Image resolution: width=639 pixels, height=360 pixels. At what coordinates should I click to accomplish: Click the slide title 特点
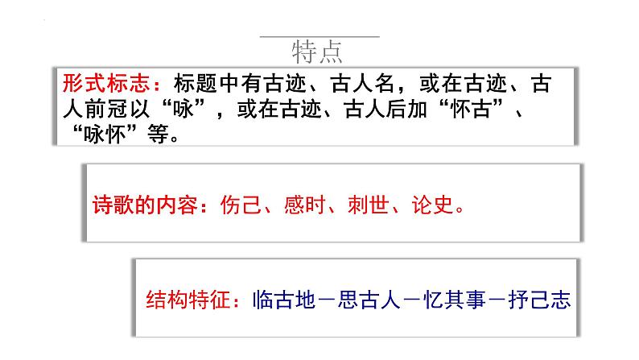pyautogui.click(x=319, y=52)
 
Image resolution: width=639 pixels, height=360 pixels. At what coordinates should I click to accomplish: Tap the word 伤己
pyautogui.click(x=241, y=205)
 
